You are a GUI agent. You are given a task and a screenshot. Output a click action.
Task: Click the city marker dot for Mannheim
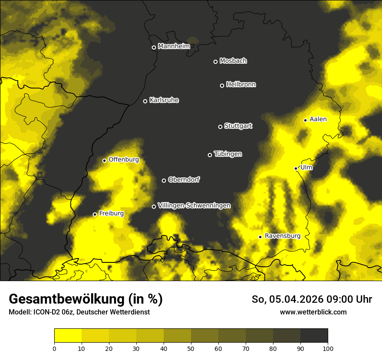(154, 48)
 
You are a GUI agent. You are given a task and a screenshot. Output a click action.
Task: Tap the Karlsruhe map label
(164, 100)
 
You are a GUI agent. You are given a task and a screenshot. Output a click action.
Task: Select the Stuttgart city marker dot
(220, 127)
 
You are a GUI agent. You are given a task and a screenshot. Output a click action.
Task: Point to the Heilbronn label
(241, 85)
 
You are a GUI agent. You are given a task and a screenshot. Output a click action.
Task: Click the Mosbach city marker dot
(215, 62)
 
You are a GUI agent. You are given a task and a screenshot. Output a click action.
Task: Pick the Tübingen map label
(228, 154)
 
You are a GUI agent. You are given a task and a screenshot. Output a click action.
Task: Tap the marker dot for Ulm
(296, 168)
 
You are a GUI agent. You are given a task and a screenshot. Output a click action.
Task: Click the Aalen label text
(318, 119)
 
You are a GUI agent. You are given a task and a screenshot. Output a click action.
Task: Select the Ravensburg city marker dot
(260, 237)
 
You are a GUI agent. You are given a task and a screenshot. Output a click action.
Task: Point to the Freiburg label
(111, 213)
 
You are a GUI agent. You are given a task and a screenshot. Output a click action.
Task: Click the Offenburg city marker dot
(104, 160)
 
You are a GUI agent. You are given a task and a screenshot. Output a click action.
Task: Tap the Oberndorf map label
(184, 180)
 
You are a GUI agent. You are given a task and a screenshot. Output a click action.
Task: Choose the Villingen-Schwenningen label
(194, 206)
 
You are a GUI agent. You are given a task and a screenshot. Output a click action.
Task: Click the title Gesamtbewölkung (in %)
(86, 299)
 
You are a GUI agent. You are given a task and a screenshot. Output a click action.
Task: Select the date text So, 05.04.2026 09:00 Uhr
(312, 299)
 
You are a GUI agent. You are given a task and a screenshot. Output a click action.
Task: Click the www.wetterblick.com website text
(313, 312)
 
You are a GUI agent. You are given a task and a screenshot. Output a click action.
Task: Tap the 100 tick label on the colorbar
(328, 348)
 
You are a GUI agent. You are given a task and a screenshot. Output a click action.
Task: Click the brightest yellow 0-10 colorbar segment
(68, 335)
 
